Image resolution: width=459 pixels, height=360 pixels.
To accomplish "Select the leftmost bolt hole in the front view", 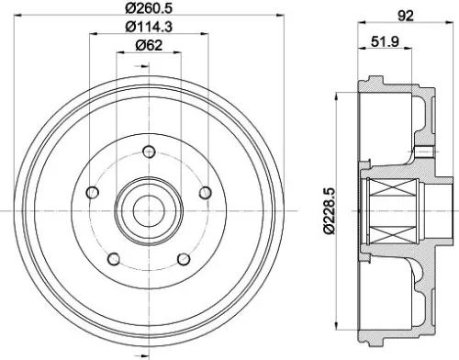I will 91,193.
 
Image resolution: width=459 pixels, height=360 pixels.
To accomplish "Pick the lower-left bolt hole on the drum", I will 112,258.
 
